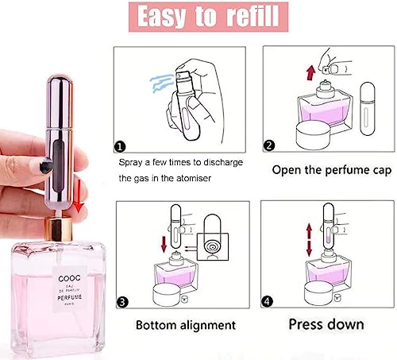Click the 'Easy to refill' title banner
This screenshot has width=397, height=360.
(198, 17)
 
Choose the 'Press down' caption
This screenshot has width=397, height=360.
(326, 324)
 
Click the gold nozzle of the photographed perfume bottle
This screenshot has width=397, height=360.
(57, 227)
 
